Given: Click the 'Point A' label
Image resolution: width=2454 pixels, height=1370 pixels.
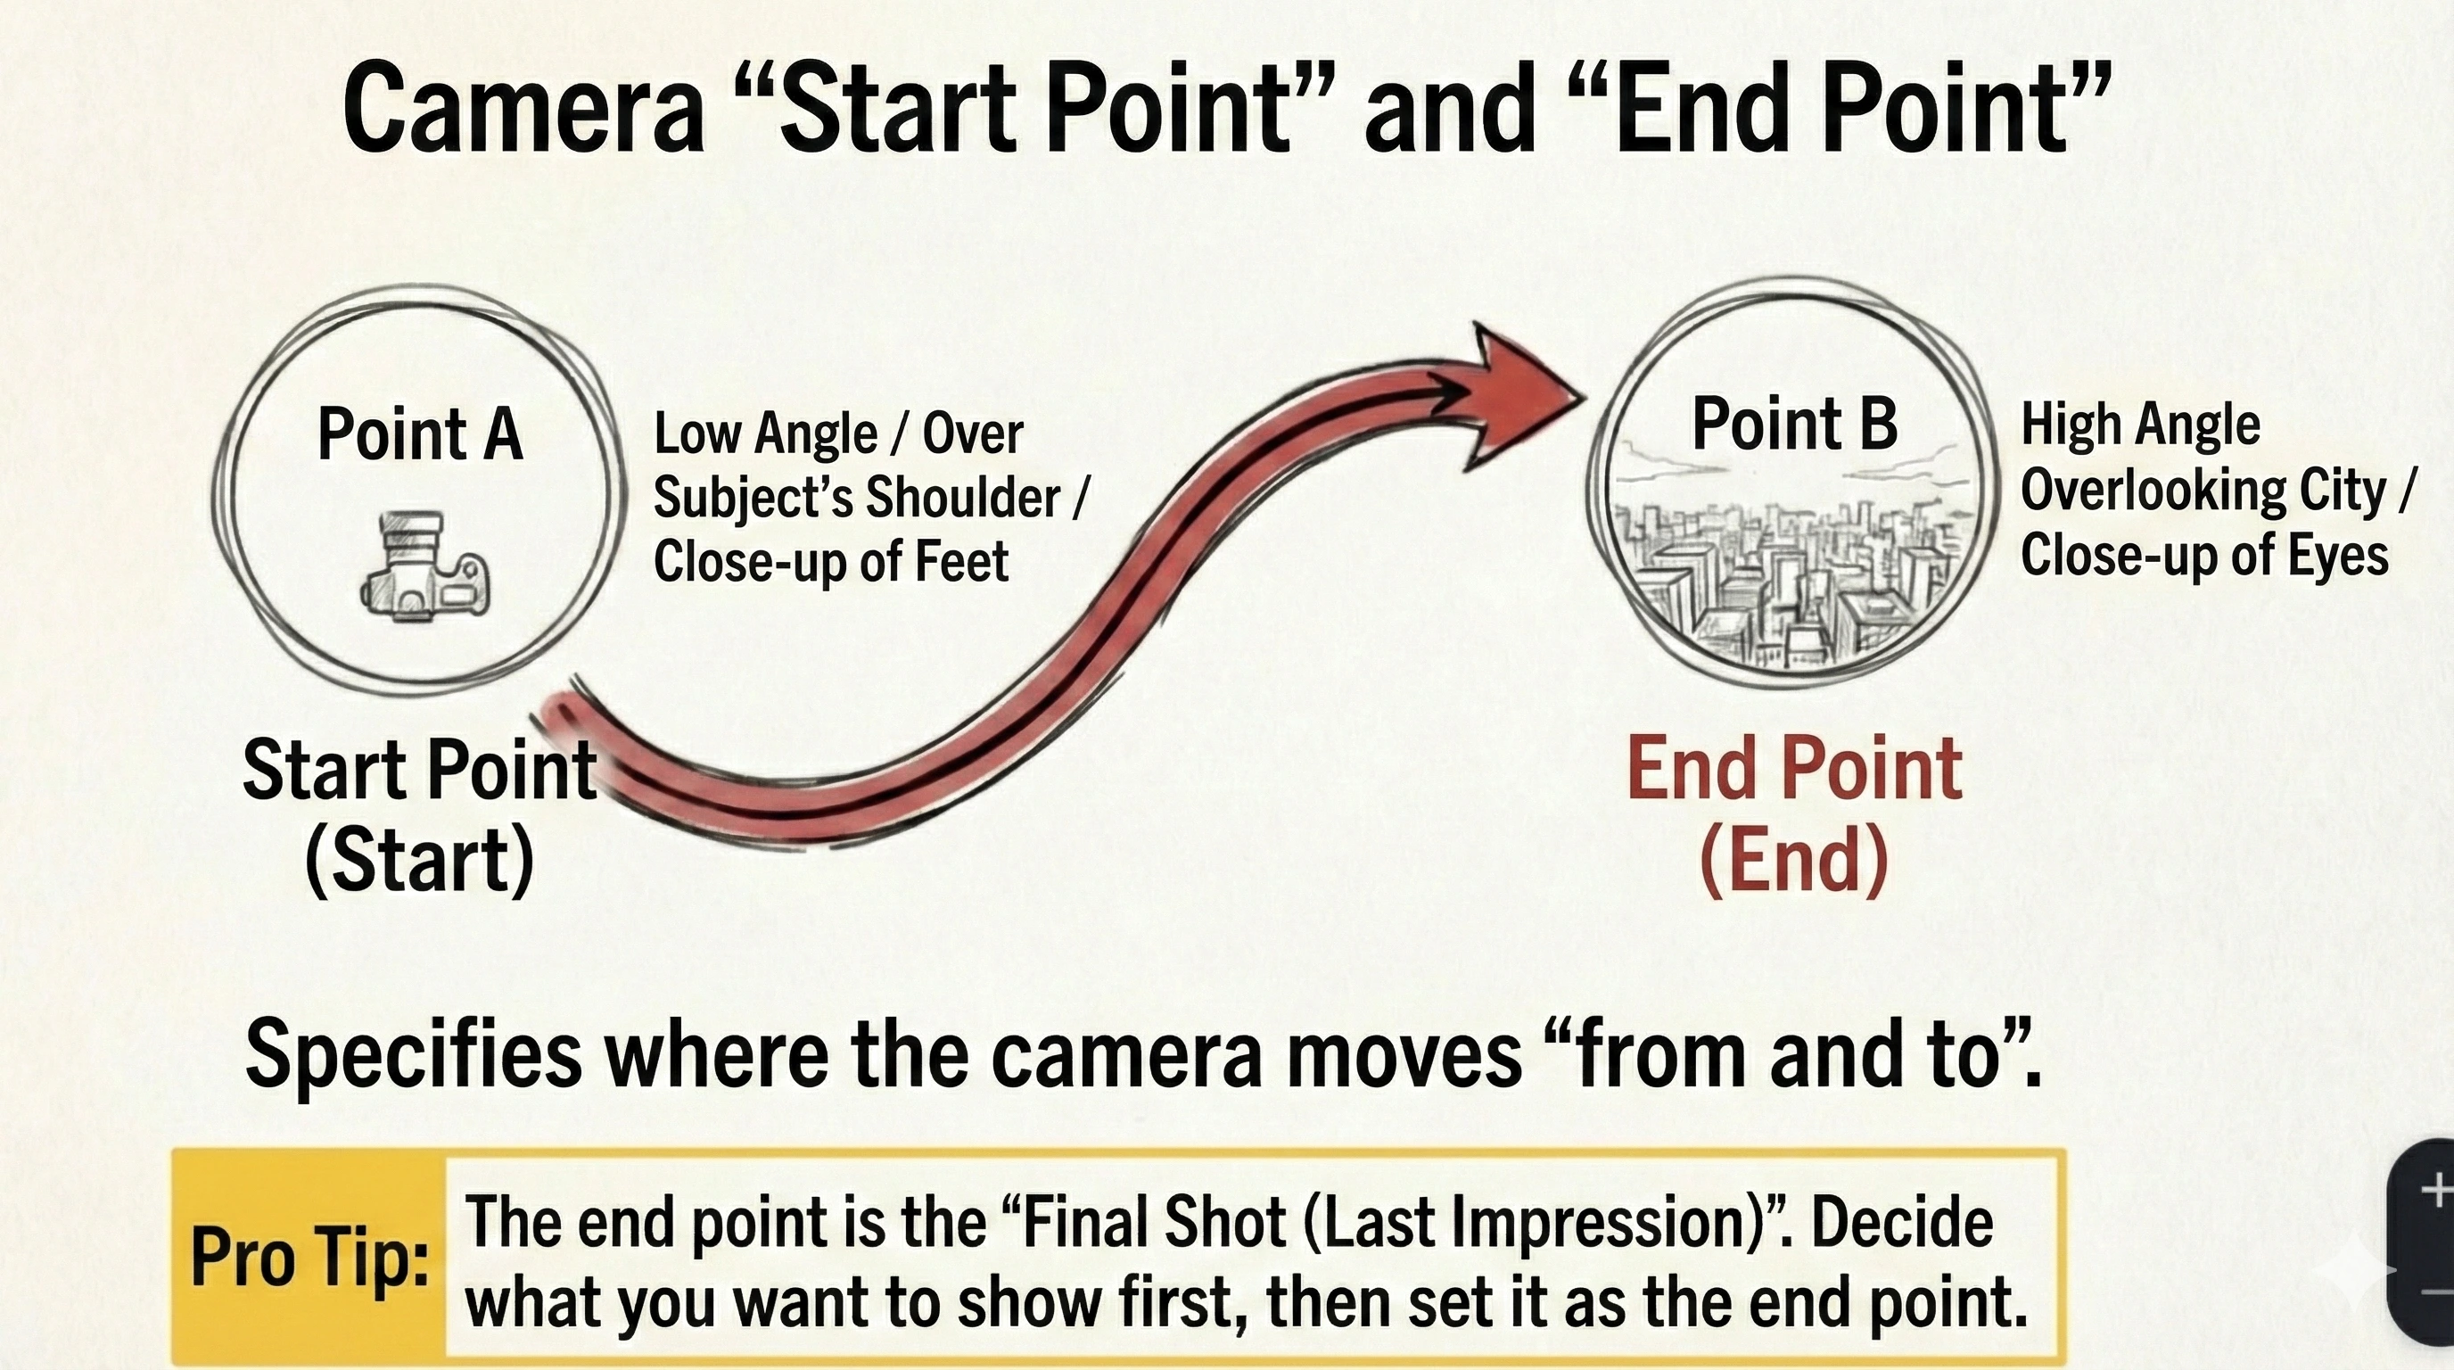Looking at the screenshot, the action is [x=420, y=433].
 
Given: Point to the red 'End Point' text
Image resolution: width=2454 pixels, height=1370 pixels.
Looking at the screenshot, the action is [x=1795, y=769].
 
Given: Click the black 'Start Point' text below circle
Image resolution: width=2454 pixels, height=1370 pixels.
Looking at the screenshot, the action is [x=420, y=770].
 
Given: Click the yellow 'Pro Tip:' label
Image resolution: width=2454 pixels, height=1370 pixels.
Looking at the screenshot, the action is [x=309, y=1257].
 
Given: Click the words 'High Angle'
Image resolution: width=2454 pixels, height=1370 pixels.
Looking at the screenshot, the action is [x=2139, y=425].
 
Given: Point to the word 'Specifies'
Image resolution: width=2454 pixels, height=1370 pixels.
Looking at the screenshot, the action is [x=414, y=1056].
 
